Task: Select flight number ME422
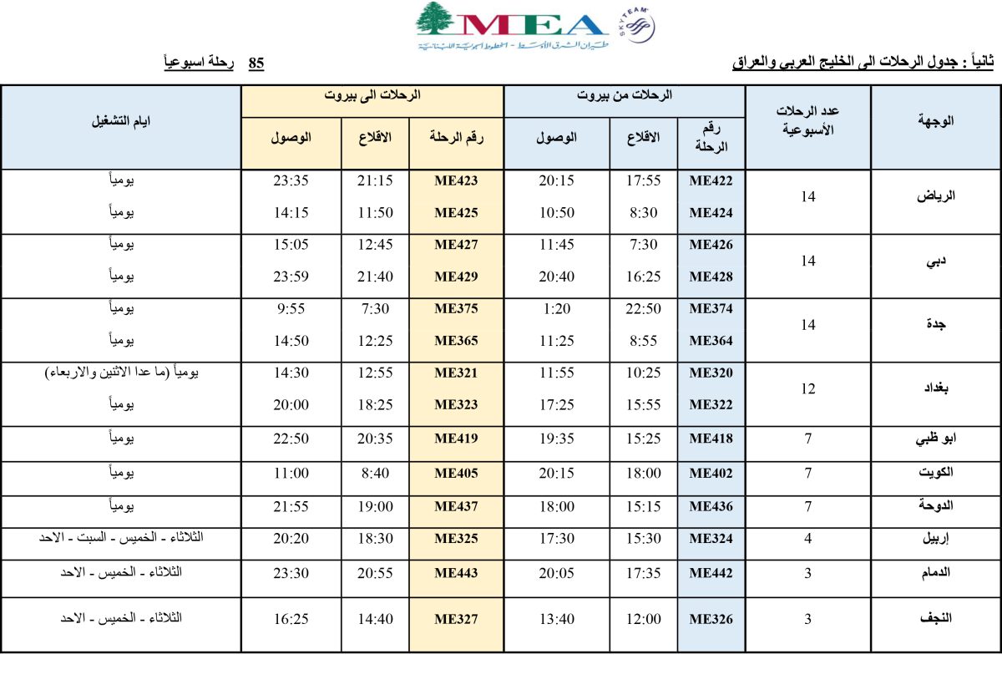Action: tap(711, 180)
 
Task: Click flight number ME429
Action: tap(456, 276)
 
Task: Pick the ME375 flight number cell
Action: tap(456, 308)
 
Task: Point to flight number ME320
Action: tap(711, 373)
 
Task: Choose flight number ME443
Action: tap(456, 572)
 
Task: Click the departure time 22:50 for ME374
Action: tap(643, 308)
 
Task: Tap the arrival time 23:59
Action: tap(291, 276)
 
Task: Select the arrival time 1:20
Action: tap(556, 308)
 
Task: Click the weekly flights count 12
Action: tap(807, 388)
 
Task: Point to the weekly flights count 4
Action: tap(807, 539)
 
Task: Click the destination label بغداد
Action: tap(939, 388)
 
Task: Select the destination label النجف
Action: tap(936, 619)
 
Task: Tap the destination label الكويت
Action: tap(935, 473)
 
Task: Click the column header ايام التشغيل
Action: tap(121, 121)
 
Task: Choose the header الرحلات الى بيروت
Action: tap(372, 96)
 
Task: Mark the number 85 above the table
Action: tap(256, 63)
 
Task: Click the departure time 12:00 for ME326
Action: tap(643, 619)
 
